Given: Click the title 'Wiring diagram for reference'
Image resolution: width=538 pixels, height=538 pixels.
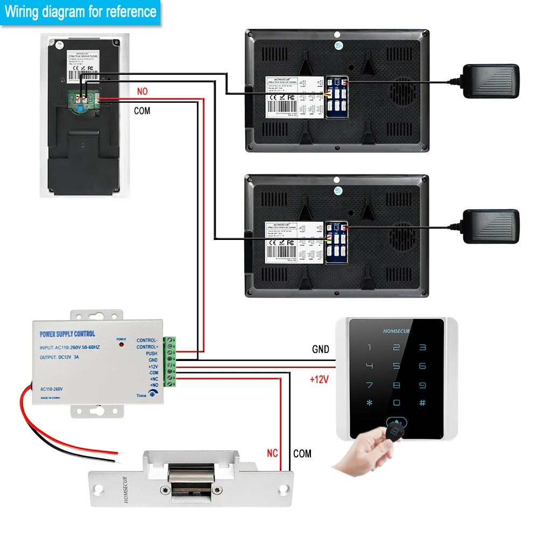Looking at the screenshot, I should [x=81, y=11].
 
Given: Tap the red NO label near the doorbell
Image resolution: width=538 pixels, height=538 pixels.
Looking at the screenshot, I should [x=142, y=91].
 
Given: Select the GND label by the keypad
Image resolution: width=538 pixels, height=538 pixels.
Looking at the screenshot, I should [x=321, y=349].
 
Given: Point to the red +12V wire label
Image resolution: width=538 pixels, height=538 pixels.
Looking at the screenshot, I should [x=319, y=379].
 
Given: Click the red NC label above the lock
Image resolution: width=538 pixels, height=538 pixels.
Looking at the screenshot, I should [x=273, y=453].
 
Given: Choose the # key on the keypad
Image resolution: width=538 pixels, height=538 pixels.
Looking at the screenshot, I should [x=422, y=402].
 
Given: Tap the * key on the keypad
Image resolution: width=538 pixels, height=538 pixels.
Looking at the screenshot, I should [x=369, y=402].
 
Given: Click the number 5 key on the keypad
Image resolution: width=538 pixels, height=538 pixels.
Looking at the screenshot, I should [x=396, y=366].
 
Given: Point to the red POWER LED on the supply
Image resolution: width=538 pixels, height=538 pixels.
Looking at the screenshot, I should [x=122, y=344].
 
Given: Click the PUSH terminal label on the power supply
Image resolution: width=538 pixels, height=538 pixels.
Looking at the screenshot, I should [x=151, y=353].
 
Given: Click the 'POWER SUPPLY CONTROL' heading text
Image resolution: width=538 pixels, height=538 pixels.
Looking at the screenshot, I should [x=67, y=334].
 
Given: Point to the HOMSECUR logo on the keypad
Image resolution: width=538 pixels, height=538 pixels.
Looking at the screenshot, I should [x=396, y=331].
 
